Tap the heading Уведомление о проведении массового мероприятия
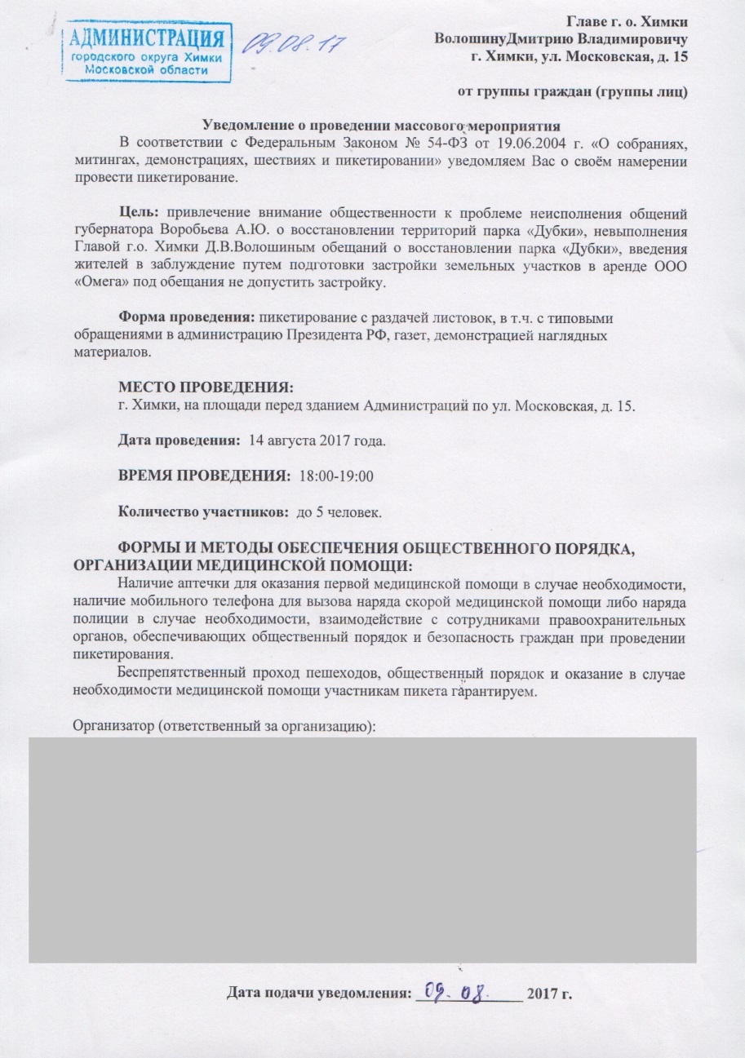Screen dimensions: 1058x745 (x=381, y=126)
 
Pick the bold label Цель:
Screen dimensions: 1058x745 (x=137, y=214)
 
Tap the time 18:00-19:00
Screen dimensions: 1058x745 (x=338, y=476)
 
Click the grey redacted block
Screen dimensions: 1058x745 (x=362, y=848)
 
